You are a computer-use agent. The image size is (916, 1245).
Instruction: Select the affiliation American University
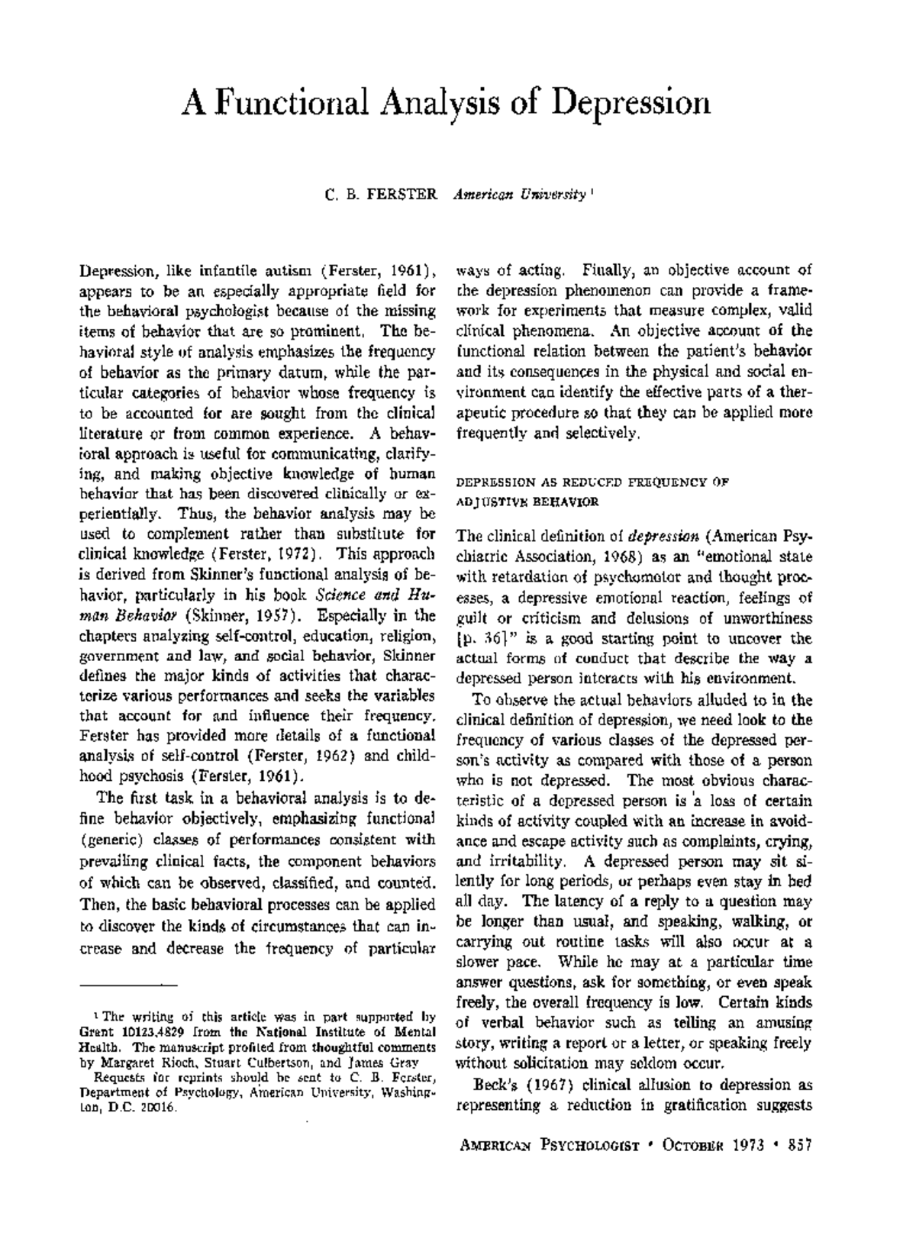(x=518, y=195)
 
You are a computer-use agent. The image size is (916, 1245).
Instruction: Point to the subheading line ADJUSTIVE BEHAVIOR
(x=527, y=502)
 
